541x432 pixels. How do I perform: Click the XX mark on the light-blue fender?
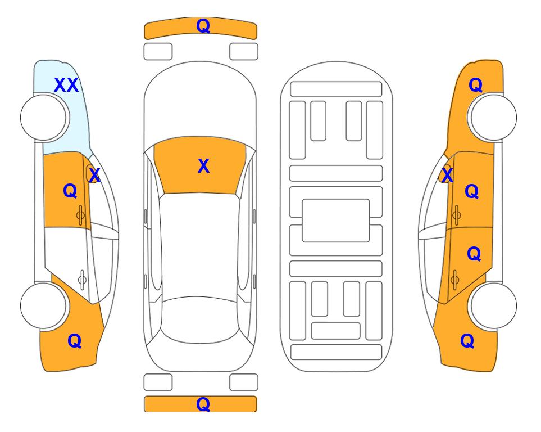pyautogui.click(x=66, y=85)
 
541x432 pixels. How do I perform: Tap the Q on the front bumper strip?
pyautogui.click(x=203, y=25)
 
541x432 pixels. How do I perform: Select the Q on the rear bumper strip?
pyautogui.click(x=203, y=404)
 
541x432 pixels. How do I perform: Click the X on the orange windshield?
pyautogui.click(x=203, y=166)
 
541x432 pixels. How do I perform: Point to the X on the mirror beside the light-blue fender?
pyautogui.click(x=94, y=175)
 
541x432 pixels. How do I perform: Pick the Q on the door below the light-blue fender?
pyautogui.click(x=70, y=191)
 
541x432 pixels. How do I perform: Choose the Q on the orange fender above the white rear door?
pyautogui.click(x=75, y=341)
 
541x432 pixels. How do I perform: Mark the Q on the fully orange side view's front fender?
pyautogui.click(x=475, y=85)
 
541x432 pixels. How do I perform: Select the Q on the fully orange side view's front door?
pyautogui.click(x=472, y=191)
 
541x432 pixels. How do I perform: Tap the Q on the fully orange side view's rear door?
pyautogui.click(x=474, y=254)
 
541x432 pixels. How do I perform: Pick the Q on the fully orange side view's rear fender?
pyautogui.click(x=467, y=341)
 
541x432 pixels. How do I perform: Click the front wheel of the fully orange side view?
pyautogui.click(x=493, y=117)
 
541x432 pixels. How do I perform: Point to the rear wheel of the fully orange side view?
pyautogui.click(x=493, y=305)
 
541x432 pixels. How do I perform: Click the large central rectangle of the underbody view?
pyautogui.click(x=336, y=220)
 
